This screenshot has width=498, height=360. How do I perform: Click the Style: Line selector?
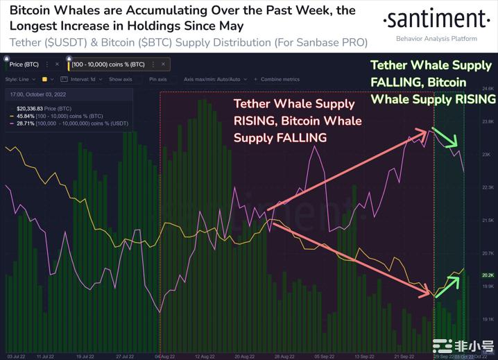pyautogui.click(x=19, y=79)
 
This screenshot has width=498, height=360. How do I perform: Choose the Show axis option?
pyautogui.click(x=120, y=79)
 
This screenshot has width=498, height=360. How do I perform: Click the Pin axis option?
pyautogui.click(x=157, y=79)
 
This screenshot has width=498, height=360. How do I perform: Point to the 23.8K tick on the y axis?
pyautogui.click(x=488, y=121)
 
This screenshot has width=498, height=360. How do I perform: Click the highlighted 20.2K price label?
pyautogui.click(x=488, y=275)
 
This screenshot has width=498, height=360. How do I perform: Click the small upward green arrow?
pyautogui.click(x=448, y=282)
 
